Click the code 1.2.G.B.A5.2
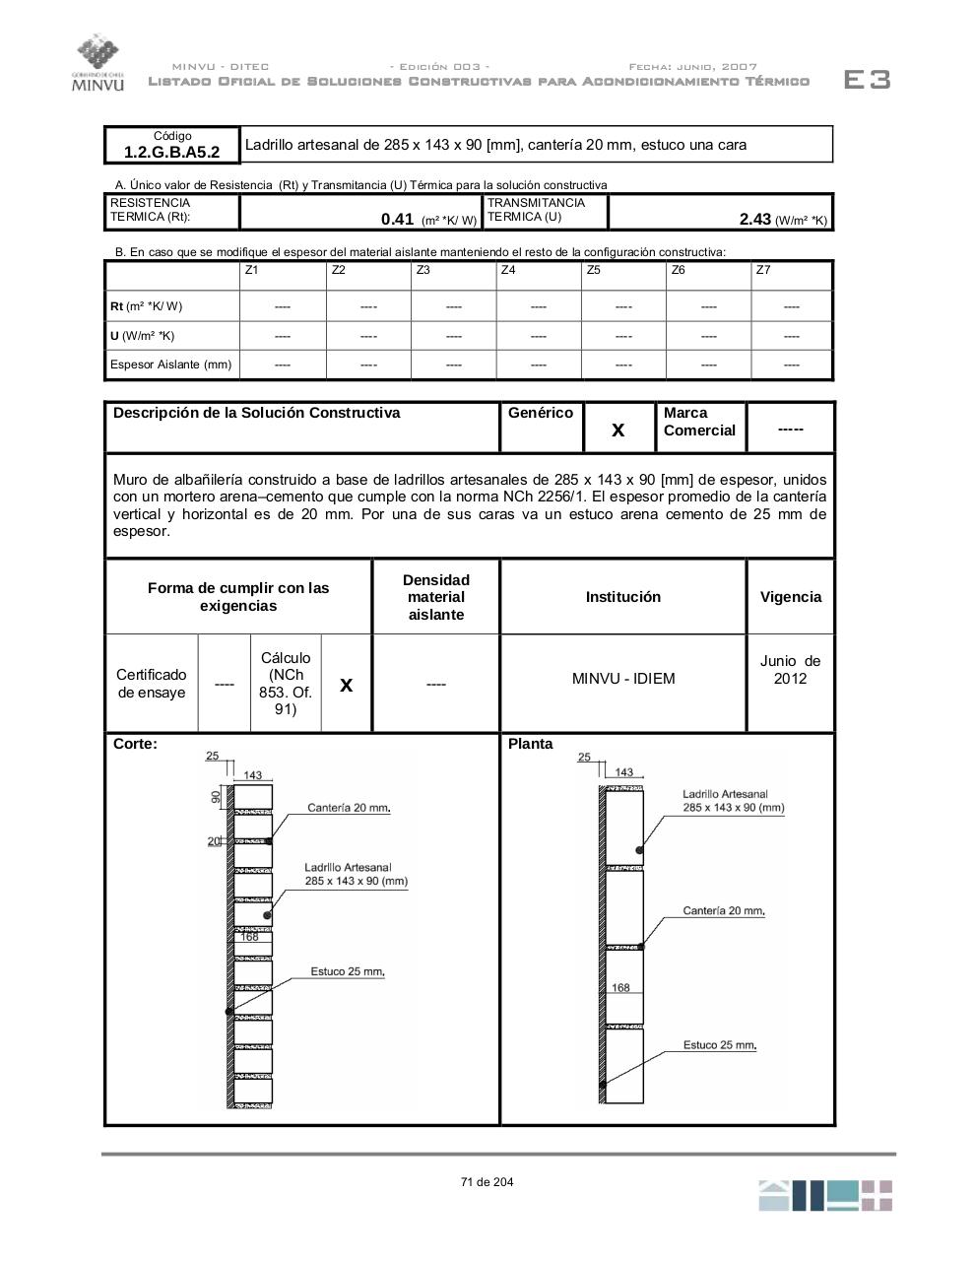172,152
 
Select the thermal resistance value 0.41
397,220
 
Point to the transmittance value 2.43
755,220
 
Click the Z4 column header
508,270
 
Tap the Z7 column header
763,270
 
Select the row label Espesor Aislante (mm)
171,365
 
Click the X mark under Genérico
618,430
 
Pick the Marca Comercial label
699,422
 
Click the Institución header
623,597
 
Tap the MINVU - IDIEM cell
623,679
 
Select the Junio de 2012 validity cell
790,670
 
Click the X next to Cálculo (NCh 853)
346,684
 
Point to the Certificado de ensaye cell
152,684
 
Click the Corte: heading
135,744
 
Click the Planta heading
531,744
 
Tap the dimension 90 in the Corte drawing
216,796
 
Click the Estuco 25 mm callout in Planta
720,1045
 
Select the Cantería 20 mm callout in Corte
349,808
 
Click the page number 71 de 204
487,1182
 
